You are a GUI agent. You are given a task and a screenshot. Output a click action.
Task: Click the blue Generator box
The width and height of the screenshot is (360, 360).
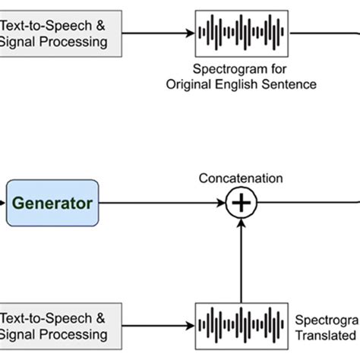point(52,203)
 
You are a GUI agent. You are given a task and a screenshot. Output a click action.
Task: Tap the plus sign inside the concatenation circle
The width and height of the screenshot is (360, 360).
point(241,203)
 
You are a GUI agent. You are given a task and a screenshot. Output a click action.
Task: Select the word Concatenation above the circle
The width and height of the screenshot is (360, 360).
point(240,178)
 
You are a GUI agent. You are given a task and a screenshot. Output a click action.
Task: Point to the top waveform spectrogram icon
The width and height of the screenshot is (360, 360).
point(241,33)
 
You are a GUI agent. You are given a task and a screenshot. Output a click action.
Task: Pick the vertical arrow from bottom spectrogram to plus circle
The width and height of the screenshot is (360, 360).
point(241,258)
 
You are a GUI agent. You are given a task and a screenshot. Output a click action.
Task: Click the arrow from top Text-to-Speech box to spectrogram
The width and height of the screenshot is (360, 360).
point(156,33)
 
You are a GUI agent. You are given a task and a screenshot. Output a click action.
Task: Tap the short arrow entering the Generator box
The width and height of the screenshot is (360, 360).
point(3,203)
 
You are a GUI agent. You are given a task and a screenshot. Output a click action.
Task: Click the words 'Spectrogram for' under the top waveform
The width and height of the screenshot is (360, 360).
point(240,68)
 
